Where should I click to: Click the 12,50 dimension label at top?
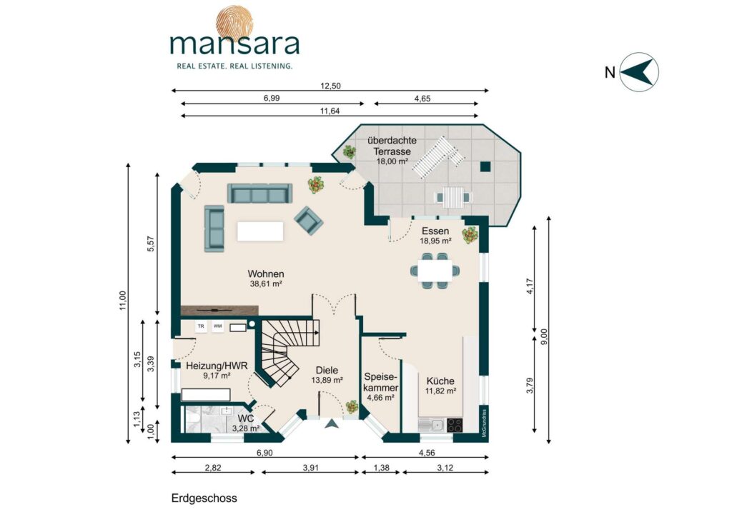330,86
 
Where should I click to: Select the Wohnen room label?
266,273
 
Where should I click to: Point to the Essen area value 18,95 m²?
435,241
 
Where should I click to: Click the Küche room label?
440,381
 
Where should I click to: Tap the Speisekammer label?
381,382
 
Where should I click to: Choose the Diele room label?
327,370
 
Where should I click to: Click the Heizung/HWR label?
217,366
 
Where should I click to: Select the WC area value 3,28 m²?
246,428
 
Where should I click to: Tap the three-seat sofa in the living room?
259,193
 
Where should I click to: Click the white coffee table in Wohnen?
260,231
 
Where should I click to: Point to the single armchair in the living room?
309,220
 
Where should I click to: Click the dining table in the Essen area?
435,271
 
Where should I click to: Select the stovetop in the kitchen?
455,425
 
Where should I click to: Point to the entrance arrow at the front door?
332,423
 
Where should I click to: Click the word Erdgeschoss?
204,498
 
